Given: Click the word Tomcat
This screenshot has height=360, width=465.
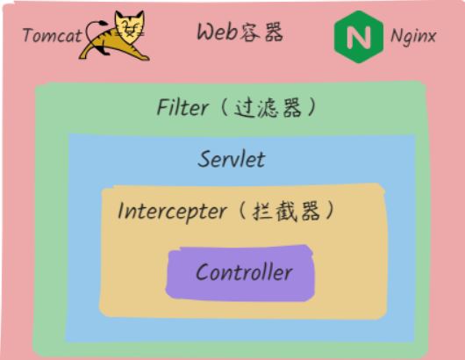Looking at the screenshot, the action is tap(52, 35).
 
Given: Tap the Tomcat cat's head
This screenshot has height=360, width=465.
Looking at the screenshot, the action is tap(129, 25).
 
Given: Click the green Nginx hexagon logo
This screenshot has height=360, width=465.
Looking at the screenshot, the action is tap(359, 37).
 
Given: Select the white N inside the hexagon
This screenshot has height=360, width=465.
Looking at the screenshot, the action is tap(359, 37).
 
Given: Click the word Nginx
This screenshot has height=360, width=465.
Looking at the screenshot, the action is tap(413, 37).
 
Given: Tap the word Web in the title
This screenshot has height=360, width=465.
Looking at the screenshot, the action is tap(217, 32).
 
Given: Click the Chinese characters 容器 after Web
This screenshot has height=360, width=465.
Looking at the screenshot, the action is tap(261, 32).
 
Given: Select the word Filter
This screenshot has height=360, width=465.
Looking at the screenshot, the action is tap(182, 107).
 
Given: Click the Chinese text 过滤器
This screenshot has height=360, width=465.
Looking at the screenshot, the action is tap(268, 108).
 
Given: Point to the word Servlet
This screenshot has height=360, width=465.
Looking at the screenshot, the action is tap(231, 160).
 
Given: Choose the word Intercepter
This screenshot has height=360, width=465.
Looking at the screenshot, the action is tap(172, 212).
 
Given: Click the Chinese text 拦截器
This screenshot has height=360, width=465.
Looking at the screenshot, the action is tap(286, 212).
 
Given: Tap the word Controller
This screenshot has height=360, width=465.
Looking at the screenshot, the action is tap(244, 272).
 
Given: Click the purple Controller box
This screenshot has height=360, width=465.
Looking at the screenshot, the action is tap(240, 273).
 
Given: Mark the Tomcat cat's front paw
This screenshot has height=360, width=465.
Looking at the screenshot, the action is tap(142, 57).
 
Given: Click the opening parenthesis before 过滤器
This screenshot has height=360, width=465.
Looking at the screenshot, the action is tap(225, 107).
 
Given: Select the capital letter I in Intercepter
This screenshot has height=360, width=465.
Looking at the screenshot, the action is tap(121, 211).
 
